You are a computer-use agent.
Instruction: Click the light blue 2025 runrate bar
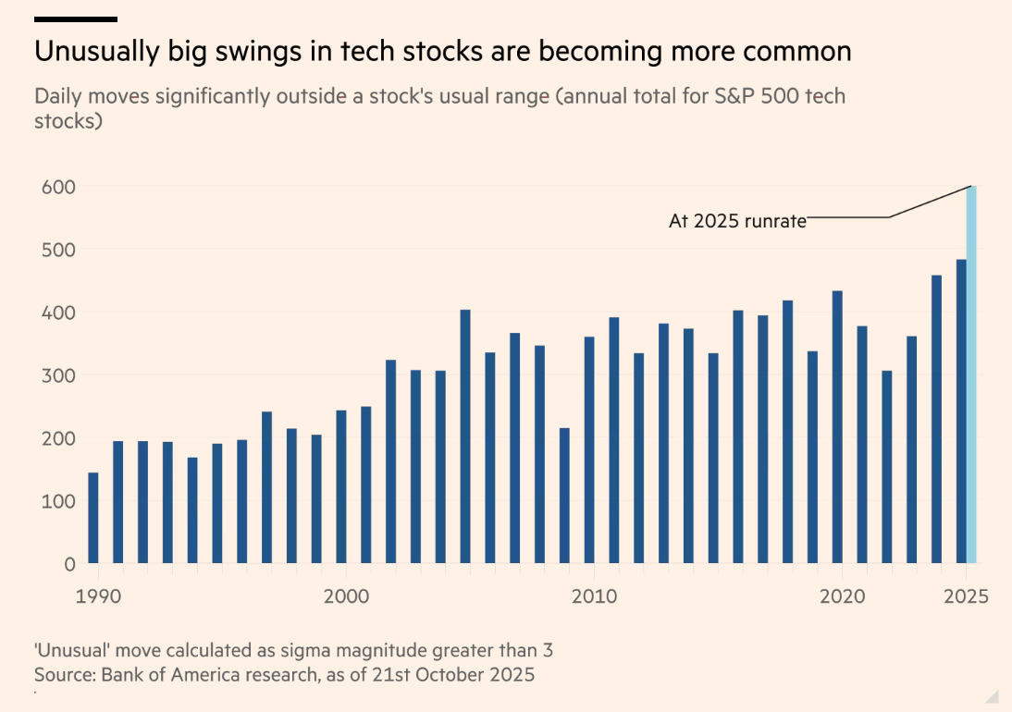click(x=971, y=374)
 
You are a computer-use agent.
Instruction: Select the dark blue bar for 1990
click(x=93, y=518)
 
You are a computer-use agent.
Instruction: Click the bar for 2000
click(x=341, y=486)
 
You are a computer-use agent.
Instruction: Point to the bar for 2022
click(x=886, y=467)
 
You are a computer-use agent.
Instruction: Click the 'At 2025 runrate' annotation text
click(x=737, y=222)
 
